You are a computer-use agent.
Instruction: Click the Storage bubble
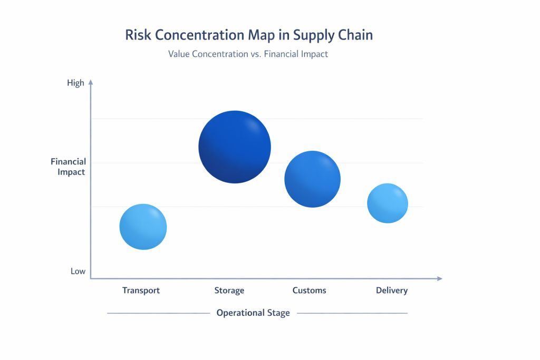[235, 147]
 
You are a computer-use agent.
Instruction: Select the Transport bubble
[143, 227]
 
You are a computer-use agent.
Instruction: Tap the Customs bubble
[312, 179]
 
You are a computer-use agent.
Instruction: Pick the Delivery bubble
[388, 203]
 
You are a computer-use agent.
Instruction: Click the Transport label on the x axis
[141, 290]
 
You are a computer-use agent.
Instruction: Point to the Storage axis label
[229, 290]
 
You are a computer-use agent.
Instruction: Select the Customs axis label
[309, 290]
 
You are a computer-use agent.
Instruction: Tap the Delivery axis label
[392, 290]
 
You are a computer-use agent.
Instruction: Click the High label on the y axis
[75, 83]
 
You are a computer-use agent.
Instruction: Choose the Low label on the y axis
[78, 271]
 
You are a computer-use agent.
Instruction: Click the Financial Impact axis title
[68, 167]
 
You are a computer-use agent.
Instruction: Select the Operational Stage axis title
[253, 313]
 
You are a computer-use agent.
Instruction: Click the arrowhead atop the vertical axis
[91, 82]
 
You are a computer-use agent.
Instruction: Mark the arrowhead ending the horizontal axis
[439, 278]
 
